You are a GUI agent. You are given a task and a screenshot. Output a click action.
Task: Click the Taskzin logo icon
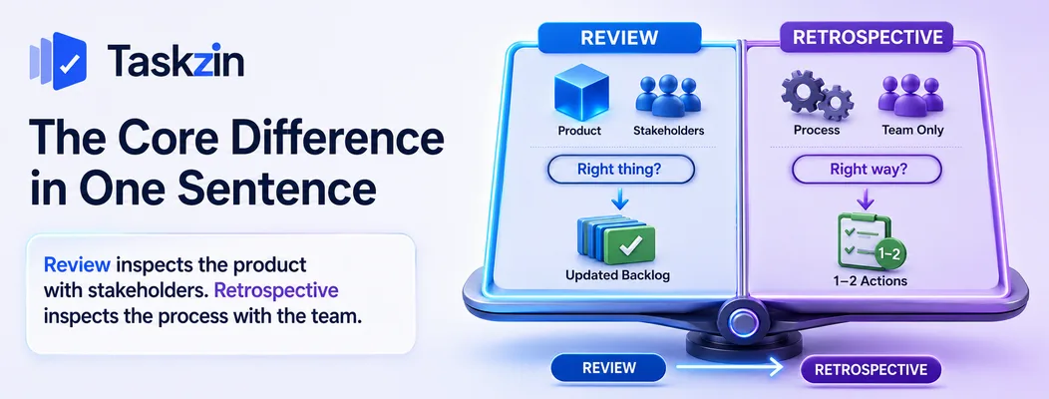coord(58,61)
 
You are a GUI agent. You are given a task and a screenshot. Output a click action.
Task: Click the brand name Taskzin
coord(175,62)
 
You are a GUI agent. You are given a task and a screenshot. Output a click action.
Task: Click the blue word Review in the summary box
coord(78,265)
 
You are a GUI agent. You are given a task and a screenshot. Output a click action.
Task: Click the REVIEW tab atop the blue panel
coord(619,38)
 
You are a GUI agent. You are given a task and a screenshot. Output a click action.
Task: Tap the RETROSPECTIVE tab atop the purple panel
coord(868,37)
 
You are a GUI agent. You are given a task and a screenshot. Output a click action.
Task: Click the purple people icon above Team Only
coord(910,96)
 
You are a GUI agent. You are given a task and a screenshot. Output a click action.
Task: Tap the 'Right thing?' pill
coord(621,170)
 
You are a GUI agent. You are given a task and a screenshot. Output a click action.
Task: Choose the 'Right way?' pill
coord(867,170)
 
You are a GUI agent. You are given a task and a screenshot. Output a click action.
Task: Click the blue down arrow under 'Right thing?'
coord(621,199)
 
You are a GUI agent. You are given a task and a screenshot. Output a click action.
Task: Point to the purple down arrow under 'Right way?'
coord(867,199)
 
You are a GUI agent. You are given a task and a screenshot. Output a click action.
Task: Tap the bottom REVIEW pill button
coord(608,367)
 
